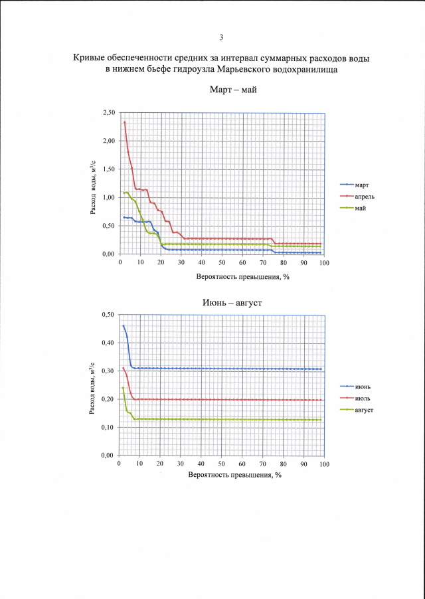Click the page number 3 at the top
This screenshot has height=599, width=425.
point(212,37)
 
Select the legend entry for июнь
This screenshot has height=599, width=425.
point(363,386)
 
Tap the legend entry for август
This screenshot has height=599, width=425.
point(364,410)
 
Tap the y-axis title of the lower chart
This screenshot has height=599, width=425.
point(92,385)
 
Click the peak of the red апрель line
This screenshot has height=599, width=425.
point(124,122)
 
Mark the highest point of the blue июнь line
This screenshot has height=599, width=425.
point(124,325)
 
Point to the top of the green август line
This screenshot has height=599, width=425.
point(123,388)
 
